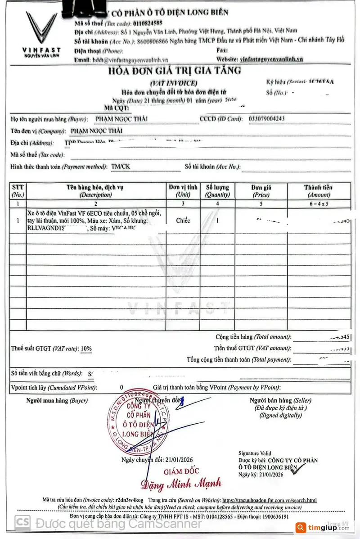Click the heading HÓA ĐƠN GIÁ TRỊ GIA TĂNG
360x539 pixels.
click(x=174, y=71)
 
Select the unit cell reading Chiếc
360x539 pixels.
click(x=183, y=221)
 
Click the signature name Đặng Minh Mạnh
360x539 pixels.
click(x=181, y=485)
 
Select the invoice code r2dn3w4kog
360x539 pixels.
click(x=129, y=500)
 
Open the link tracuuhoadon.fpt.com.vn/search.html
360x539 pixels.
click(x=269, y=500)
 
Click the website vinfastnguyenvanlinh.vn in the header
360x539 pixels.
click(x=272, y=59)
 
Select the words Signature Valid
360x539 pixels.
click(x=255, y=453)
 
